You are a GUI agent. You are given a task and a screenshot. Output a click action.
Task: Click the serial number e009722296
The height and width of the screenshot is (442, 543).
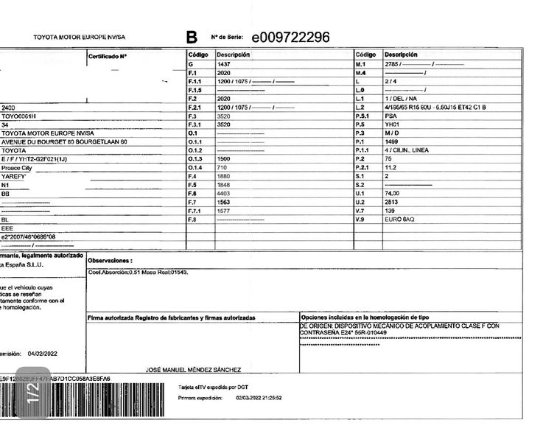pyautogui.click(x=290, y=38)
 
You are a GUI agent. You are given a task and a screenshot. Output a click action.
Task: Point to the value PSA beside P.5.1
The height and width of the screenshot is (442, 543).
pyautogui.click(x=390, y=116)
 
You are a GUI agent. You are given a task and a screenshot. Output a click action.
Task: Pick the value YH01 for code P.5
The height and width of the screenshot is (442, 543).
pyautogui.click(x=392, y=124)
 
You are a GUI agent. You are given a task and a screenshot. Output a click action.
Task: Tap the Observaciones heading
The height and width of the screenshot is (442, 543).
pyautogui.click(x=110, y=261)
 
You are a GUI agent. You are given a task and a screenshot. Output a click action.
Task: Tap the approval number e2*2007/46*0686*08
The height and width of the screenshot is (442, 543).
pyautogui.click(x=29, y=236)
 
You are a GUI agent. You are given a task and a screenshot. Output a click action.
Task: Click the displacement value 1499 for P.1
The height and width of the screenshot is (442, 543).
pyautogui.click(x=391, y=141)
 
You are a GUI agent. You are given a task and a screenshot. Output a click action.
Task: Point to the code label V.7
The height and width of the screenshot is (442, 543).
pyautogui.click(x=361, y=211)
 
